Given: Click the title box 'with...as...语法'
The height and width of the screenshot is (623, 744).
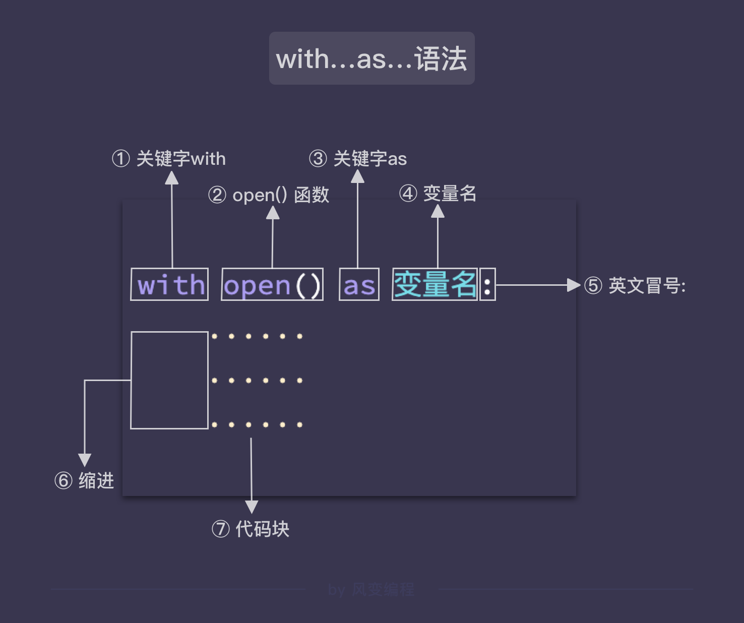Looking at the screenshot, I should click(x=371, y=58).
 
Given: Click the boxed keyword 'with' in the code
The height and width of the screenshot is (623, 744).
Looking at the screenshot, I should click(x=169, y=284).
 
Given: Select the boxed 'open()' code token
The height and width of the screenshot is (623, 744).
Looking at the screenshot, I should click(x=272, y=284).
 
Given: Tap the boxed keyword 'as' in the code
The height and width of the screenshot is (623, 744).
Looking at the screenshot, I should click(x=359, y=284).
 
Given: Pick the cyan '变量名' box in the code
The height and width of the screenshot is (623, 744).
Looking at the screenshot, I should click(x=435, y=284).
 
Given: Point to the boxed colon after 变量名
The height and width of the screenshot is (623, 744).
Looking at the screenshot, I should click(x=487, y=284).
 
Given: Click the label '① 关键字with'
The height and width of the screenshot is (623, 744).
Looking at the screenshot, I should click(x=169, y=159).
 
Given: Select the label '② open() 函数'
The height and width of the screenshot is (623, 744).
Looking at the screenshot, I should click(x=269, y=195).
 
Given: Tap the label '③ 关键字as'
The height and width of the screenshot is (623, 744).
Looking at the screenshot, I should click(x=358, y=159).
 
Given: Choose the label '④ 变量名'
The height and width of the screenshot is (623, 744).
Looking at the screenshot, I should click(x=438, y=193).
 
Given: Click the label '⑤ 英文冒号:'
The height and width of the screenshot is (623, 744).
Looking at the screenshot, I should click(x=635, y=286).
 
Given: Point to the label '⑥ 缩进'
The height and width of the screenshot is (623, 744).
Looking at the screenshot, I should click(x=84, y=480).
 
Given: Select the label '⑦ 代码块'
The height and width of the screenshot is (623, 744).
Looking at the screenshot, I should click(x=251, y=529).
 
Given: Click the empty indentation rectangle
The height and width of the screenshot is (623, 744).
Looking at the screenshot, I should click(x=169, y=380).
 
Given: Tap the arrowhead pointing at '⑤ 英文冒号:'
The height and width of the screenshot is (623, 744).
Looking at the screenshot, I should click(x=574, y=285).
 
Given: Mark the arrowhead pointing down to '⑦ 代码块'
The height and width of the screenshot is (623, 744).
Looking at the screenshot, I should click(x=252, y=506).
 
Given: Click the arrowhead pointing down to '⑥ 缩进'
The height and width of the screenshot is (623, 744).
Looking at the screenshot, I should click(x=85, y=459).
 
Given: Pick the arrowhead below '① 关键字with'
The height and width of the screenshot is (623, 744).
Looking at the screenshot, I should click(x=172, y=178).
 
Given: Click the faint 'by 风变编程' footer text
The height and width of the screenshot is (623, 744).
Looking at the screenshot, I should click(x=371, y=589).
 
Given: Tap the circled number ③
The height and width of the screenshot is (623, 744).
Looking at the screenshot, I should click(x=318, y=159).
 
